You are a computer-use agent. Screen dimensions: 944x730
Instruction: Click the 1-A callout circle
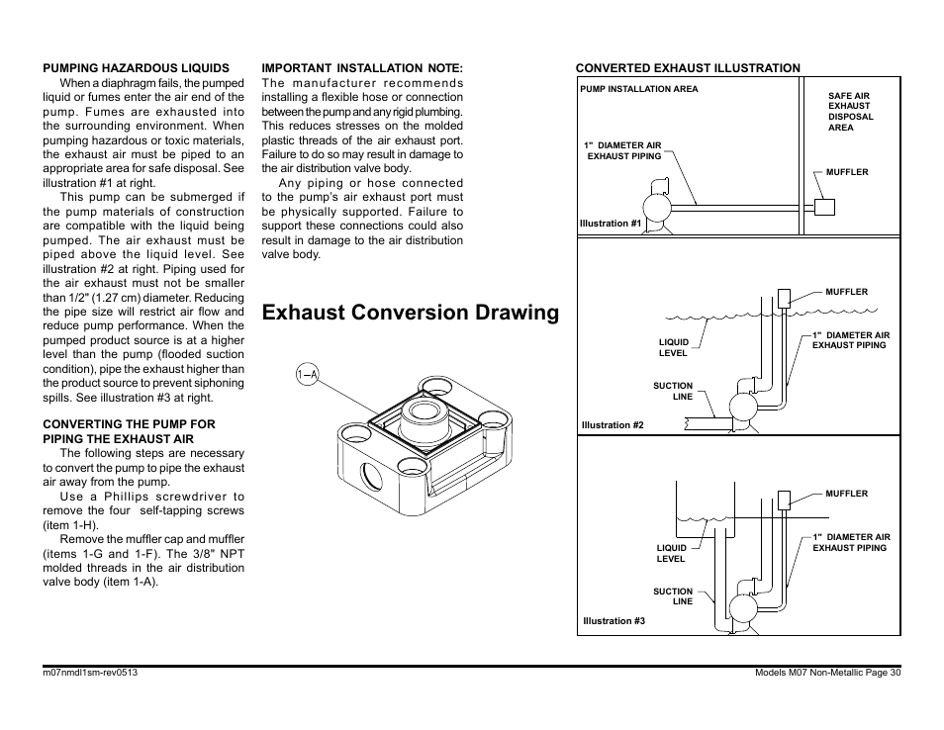pos(307,374)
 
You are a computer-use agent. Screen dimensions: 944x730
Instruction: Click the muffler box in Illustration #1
pos(824,207)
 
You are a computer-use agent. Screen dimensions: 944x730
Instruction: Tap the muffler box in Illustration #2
pos(784,299)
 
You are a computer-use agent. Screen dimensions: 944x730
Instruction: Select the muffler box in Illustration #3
pos(784,501)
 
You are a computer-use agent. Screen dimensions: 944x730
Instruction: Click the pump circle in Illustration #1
pos(657,208)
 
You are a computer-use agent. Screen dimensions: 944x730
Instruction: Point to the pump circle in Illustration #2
pos(743,408)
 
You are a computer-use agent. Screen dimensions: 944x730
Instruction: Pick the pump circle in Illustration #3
pos(743,608)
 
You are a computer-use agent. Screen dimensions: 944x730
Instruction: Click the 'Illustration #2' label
pos(613,425)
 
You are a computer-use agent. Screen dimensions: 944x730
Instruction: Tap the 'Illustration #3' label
pos(614,620)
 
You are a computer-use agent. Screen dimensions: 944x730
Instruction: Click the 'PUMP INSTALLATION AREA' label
pos(639,89)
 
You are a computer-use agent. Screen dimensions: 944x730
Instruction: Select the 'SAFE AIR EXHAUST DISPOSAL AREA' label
pos(850,112)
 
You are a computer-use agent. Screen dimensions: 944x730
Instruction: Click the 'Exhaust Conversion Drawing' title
pos(411,313)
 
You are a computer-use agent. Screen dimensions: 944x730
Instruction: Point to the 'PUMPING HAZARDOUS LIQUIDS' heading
pos(137,68)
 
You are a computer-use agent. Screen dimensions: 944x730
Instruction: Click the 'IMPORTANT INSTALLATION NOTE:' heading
pos(362,68)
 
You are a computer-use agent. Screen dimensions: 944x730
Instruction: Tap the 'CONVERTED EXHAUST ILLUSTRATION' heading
pos(688,68)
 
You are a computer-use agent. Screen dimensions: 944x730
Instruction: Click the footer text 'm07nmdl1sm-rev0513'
pos(90,673)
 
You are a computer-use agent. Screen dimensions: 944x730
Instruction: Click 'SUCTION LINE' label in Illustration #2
pos(673,391)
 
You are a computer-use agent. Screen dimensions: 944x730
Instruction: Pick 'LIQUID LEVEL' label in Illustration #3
pos(671,553)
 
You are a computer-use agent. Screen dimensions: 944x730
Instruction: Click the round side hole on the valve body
pos(371,476)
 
